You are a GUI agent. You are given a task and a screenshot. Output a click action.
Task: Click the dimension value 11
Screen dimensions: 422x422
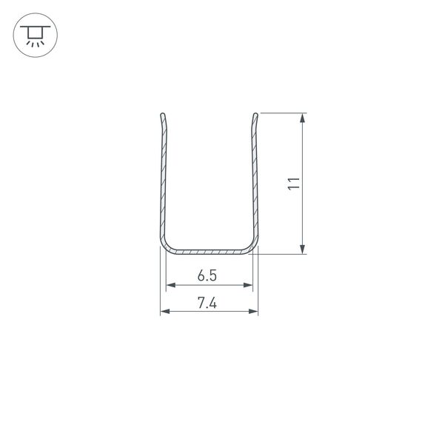coord(294,184)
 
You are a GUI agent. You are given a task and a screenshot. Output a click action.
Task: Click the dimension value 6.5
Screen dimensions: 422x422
coord(207,275)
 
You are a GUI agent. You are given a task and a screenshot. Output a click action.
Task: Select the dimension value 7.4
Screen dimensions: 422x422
coord(207,302)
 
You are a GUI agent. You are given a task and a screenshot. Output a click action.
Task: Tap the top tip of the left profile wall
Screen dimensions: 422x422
coord(162,115)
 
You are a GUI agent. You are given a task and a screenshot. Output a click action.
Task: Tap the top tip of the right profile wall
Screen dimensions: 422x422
coord(256,115)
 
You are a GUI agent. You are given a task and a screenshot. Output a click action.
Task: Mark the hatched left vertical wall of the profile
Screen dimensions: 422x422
coord(162,185)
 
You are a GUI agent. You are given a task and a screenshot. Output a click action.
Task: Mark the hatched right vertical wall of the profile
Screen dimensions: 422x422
coord(256,185)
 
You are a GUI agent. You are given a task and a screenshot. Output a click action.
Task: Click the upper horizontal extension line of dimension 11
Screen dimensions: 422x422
coord(281,113)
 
